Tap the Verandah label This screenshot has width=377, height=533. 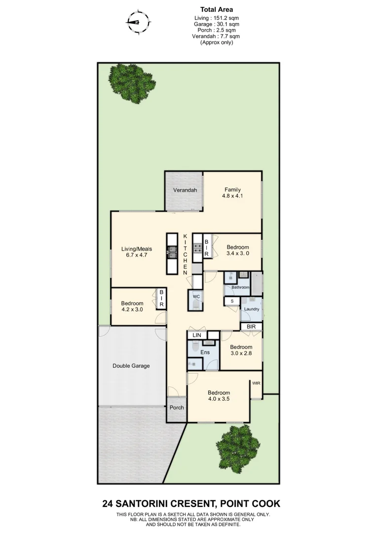coord(185,190)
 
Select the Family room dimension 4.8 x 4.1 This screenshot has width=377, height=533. coord(232,196)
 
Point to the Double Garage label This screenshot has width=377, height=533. coord(131,366)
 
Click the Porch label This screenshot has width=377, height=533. coord(177,408)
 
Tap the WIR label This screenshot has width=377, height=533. coord(256,383)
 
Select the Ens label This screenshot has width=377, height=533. coord(205,352)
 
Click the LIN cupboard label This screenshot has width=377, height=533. coord(197,336)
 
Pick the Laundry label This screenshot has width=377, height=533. coord(252,309)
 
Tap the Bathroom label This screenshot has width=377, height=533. coord(241,287)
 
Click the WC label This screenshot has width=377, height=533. coord(196,297)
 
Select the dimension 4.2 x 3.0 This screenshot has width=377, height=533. coord(132,309)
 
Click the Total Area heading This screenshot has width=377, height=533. coord(217,9)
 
